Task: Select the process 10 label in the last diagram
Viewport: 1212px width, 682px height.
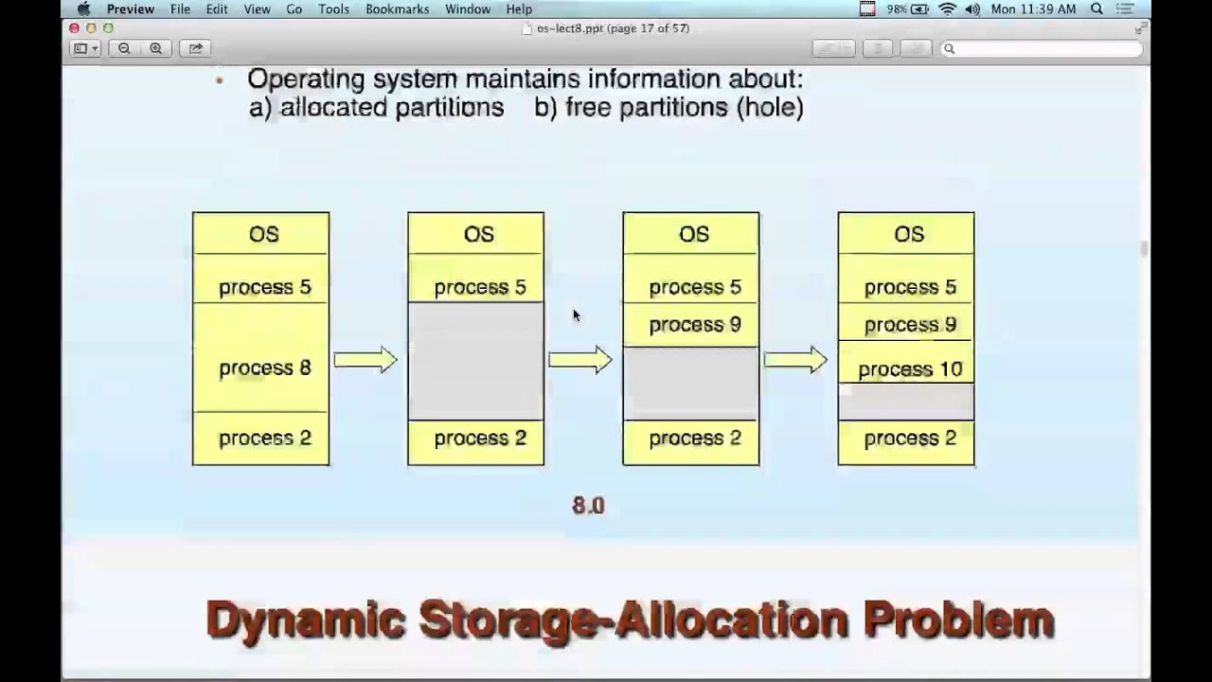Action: (909, 369)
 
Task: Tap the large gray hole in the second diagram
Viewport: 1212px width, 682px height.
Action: (475, 361)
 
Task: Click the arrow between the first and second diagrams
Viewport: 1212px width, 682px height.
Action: (365, 360)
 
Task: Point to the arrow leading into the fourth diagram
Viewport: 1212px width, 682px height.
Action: (795, 360)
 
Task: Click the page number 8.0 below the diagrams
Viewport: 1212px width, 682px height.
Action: (588, 506)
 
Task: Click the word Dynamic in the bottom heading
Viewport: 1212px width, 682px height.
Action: (305, 620)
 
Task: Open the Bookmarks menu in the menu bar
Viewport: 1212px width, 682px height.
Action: (397, 9)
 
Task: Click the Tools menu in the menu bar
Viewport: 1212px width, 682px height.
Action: (333, 9)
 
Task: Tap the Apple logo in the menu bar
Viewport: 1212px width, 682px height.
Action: (82, 9)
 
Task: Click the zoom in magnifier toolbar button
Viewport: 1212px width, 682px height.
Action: (155, 48)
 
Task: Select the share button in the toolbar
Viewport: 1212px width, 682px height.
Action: (196, 48)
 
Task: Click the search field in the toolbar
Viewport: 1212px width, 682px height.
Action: (1042, 48)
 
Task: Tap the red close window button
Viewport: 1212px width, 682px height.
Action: (75, 28)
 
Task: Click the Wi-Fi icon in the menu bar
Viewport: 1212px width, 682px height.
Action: (947, 9)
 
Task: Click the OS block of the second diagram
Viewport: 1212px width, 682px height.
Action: (476, 234)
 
